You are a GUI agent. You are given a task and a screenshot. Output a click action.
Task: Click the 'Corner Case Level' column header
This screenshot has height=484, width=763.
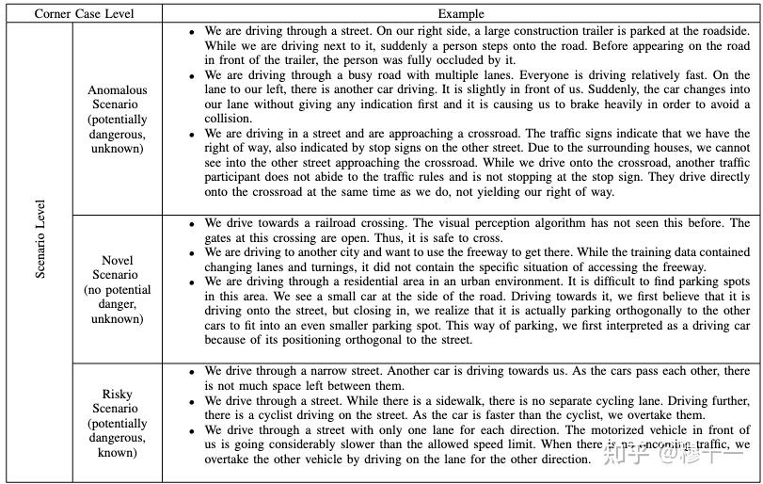(x=85, y=13)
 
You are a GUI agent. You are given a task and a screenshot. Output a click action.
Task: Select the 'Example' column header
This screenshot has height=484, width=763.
(x=461, y=13)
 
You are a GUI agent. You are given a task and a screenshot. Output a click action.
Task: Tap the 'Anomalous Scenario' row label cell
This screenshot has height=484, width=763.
(x=118, y=120)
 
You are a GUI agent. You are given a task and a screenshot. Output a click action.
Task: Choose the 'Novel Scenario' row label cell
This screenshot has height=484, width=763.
(x=118, y=289)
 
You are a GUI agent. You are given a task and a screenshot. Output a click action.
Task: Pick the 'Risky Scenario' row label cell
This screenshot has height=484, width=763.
(x=118, y=424)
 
